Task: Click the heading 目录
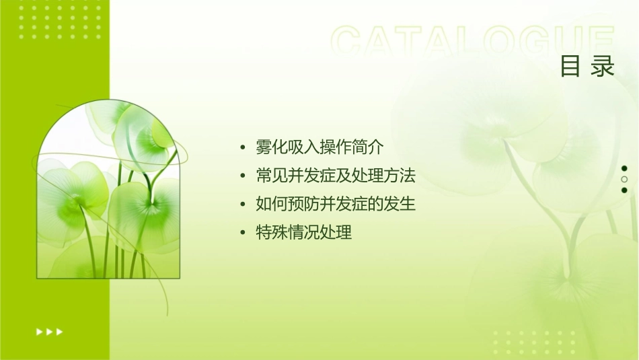[x=588, y=67]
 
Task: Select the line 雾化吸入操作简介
[x=319, y=147]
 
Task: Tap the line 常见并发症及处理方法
[x=336, y=176]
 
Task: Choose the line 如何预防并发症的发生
[x=336, y=204]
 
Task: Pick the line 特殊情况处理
[x=304, y=233]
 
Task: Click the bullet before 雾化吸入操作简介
[x=243, y=147]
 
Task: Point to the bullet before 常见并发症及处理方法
[x=243, y=176]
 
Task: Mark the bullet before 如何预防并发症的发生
[x=243, y=205]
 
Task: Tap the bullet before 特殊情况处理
[x=243, y=233]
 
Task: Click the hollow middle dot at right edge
[x=624, y=179]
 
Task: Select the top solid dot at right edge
[x=624, y=168]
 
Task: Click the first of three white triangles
[x=39, y=332]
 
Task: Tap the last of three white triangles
[x=60, y=332]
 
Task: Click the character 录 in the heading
[x=603, y=67]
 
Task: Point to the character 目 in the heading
[x=571, y=67]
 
